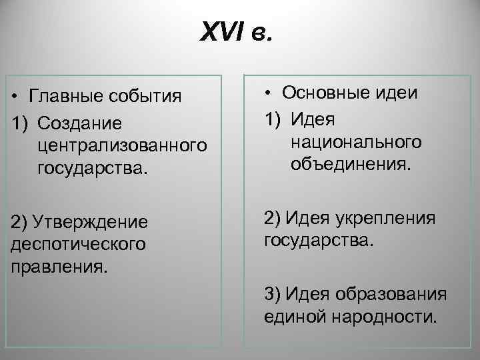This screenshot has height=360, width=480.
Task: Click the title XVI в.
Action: [x=237, y=31]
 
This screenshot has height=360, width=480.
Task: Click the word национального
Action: [x=356, y=141]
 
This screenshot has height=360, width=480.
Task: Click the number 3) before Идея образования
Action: [x=275, y=295]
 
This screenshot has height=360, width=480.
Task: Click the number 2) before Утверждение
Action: [x=23, y=221]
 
